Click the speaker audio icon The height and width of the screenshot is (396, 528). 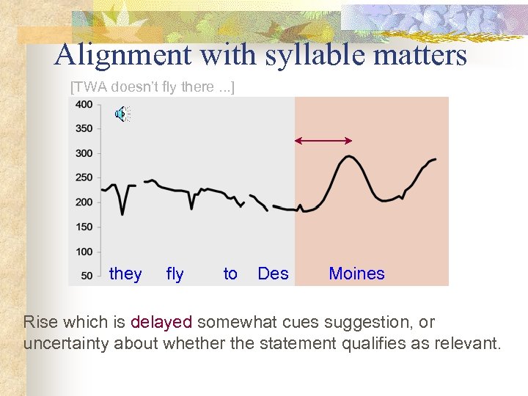122,114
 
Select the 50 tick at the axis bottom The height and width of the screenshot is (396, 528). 87,276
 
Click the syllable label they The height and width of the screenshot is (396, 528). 125,274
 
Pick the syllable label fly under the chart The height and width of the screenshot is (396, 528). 175,274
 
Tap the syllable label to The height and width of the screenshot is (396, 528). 230,274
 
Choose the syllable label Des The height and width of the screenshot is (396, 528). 273,274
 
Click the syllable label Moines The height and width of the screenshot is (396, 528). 356,274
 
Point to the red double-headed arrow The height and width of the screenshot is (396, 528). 323,140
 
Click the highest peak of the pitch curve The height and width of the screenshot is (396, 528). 350,156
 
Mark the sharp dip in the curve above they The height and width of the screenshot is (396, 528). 122,213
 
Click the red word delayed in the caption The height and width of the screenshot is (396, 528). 161,321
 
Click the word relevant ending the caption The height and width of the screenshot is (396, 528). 467,343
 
